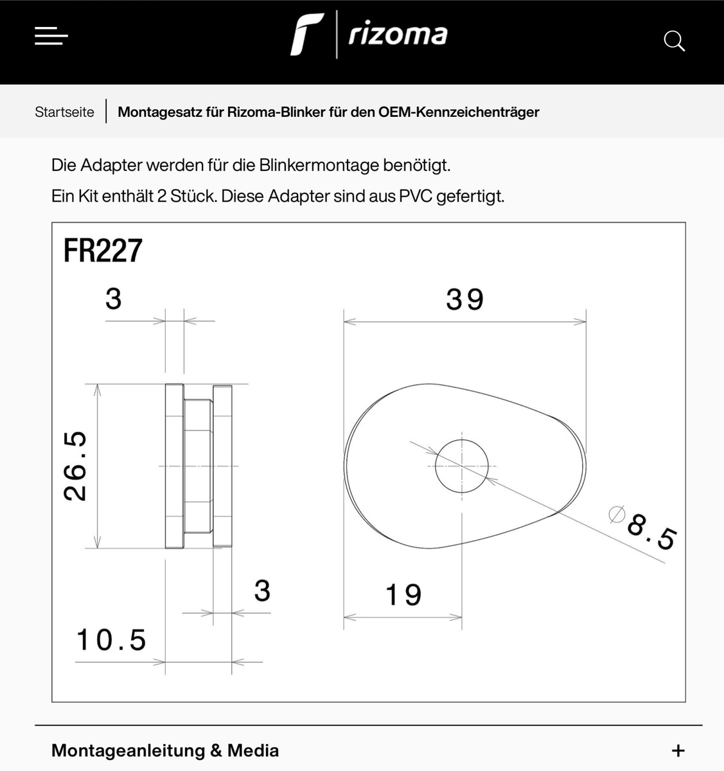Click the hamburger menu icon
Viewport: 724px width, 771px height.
click(51, 36)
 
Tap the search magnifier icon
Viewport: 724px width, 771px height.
click(675, 40)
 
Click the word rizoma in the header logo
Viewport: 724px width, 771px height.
click(398, 35)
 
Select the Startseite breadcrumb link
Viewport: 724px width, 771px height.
click(64, 112)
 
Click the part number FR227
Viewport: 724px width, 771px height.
click(103, 251)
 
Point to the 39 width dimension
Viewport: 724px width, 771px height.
click(464, 299)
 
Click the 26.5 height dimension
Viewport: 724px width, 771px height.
click(75, 466)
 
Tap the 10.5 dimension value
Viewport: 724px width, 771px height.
click(111, 640)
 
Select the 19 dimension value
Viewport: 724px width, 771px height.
click(403, 594)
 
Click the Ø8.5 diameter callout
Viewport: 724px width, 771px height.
click(643, 527)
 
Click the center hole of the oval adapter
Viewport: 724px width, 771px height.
click(462, 466)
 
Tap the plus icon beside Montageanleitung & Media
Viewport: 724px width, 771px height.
click(678, 751)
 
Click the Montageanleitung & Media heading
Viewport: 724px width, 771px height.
click(165, 750)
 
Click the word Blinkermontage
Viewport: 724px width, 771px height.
click(319, 165)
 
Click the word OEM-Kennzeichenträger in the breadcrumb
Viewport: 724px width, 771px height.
click(459, 112)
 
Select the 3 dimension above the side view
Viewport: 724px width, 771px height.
click(113, 299)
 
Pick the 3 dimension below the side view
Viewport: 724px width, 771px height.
click(262, 590)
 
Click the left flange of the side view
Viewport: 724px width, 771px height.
click(174, 466)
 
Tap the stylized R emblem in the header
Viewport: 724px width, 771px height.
click(306, 34)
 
